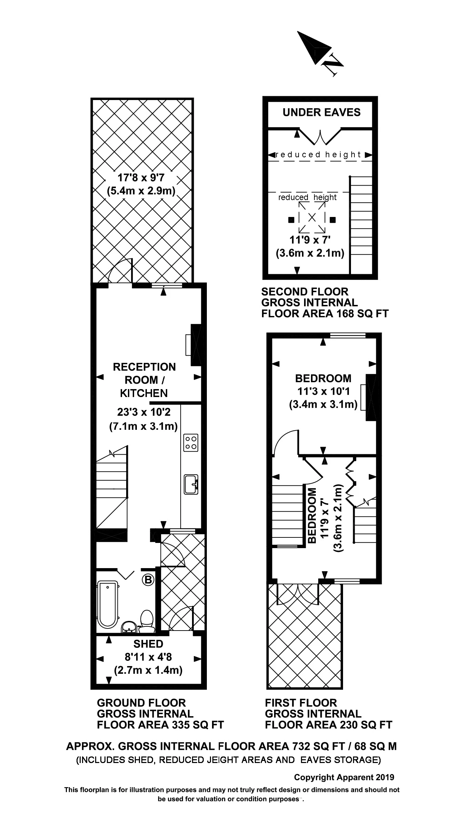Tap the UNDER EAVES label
pyautogui.click(x=321, y=112)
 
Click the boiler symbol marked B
pyautogui.click(x=148, y=580)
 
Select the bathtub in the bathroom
pyautogui.click(x=108, y=603)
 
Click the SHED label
pyautogui.click(x=148, y=644)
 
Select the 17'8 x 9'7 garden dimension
pyautogui.click(x=141, y=178)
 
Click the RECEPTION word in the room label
pyautogui.click(x=144, y=367)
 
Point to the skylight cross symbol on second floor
pyautogui.click(x=312, y=217)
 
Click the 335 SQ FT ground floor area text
pyautogui.click(x=195, y=725)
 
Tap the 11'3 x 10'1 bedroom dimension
pyautogui.click(x=323, y=392)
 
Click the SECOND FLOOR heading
pyautogui.click(x=305, y=292)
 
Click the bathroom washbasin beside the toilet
pyautogui.click(x=130, y=626)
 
